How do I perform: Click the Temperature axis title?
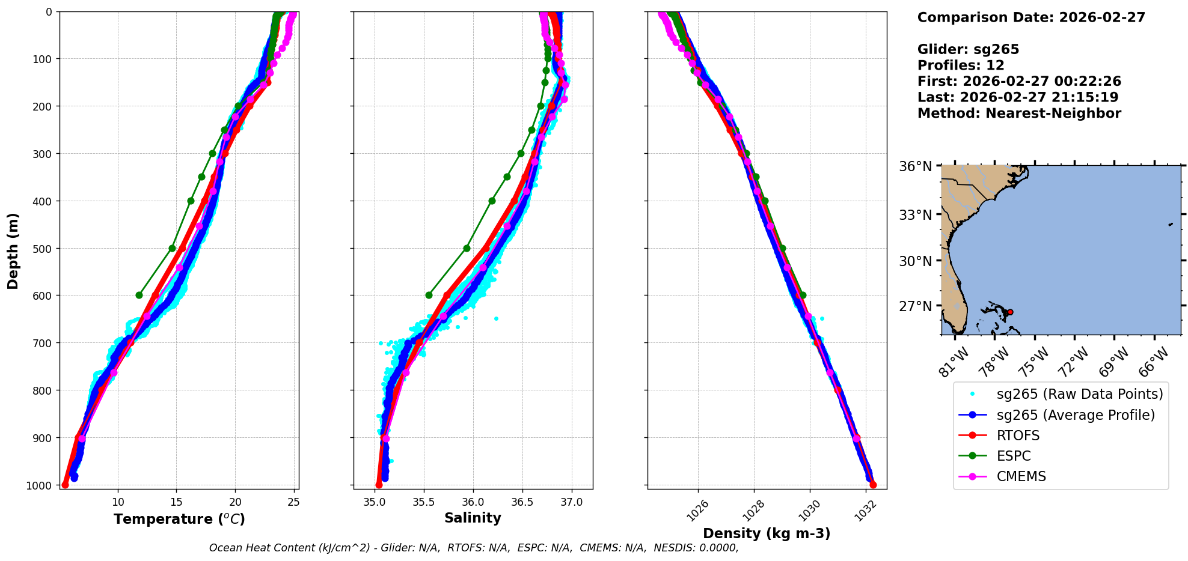(x=179, y=519)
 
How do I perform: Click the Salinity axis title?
(x=473, y=518)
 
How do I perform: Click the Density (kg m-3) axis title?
(x=767, y=533)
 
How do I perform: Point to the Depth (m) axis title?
(x=13, y=250)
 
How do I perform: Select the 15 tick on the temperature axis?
(x=176, y=502)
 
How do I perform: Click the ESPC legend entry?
(x=1013, y=456)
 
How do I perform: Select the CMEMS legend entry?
(x=1021, y=476)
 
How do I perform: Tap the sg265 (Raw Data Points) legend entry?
(x=1079, y=394)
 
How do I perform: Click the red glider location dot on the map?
(x=1010, y=312)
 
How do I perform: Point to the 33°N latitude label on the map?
(x=915, y=214)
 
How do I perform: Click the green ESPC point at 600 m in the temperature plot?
(x=139, y=295)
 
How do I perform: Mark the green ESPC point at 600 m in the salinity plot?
(x=429, y=295)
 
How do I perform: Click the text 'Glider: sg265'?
(x=968, y=50)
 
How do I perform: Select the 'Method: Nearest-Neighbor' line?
(x=1019, y=114)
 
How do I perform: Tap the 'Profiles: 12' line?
(x=960, y=65)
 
